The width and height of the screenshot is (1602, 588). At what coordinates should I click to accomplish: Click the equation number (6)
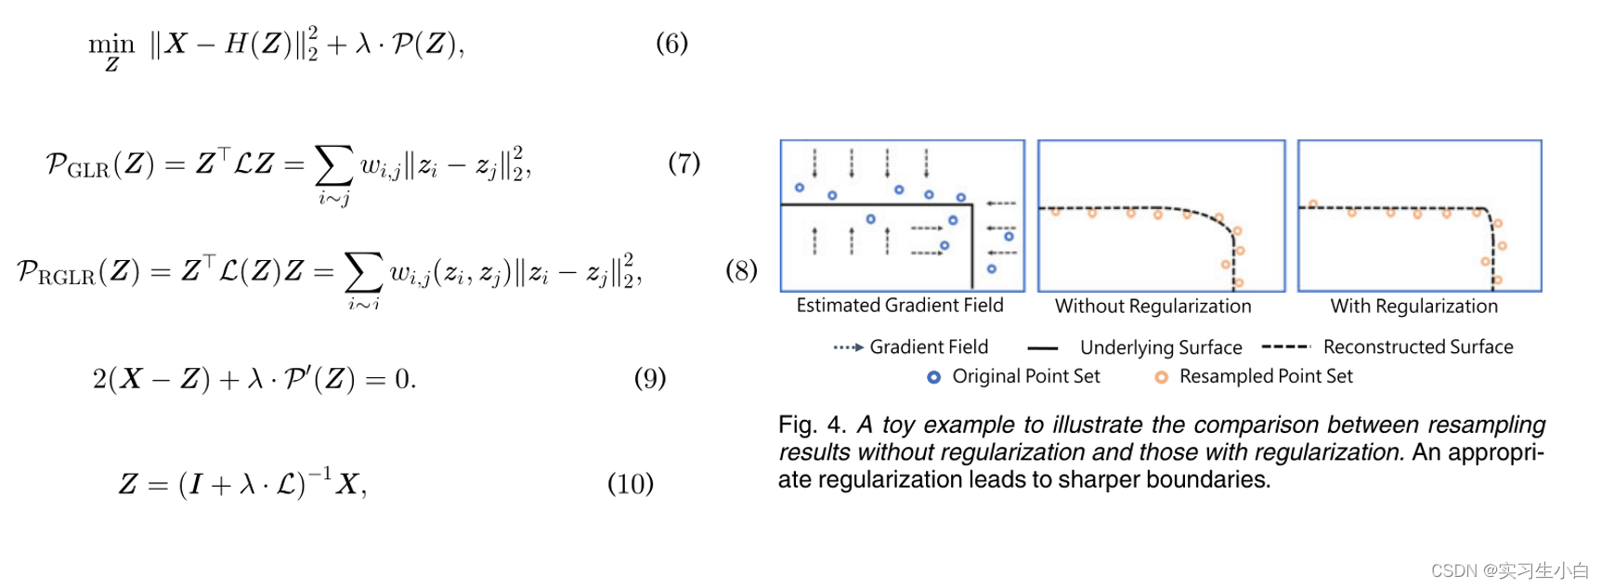click(671, 44)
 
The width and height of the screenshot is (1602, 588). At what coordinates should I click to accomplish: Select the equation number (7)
click(684, 163)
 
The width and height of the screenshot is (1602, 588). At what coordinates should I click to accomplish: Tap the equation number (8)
click(741, 270)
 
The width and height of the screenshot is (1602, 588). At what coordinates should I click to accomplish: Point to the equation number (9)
click(650, 378)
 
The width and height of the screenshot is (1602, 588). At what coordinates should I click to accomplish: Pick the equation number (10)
click(631, 484)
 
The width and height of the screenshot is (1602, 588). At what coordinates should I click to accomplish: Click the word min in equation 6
click(111, 44)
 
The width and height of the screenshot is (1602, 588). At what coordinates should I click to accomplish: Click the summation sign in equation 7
click(334, 165)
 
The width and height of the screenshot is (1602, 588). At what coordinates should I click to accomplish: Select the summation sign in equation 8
click(363, 272)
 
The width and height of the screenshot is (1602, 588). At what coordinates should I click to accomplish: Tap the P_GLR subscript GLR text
click(88, 171)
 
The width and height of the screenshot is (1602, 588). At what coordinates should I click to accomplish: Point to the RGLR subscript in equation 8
click(67, 278)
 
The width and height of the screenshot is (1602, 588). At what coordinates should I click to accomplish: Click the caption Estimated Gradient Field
click(899, 306)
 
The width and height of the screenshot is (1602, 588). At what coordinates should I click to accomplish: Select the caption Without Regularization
click(1153, 307)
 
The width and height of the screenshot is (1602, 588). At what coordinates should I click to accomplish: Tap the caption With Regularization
click(1413, 307)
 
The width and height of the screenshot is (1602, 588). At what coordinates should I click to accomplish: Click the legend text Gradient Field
click(929, 347)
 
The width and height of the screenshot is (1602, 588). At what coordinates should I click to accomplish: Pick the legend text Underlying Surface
click(1161, 347)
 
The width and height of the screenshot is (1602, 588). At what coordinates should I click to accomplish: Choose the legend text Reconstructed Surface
click(1417, 347)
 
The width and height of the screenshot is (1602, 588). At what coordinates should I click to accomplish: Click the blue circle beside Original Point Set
click(934, 377)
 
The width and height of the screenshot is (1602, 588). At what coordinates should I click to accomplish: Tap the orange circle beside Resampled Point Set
click(1161, 377)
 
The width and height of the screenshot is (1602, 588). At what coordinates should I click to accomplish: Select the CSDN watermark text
click(1509, 570)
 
